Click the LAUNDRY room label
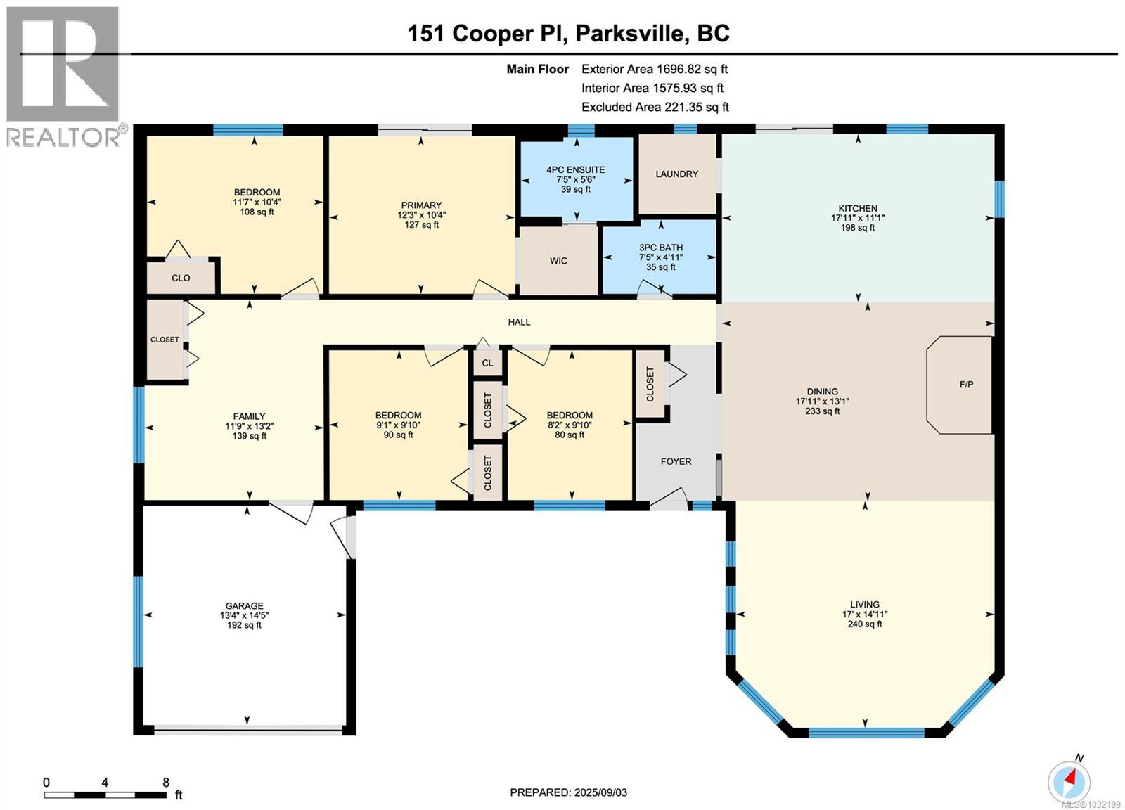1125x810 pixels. click(x=676, y=174)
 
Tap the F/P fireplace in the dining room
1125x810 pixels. click(x=966, y=385)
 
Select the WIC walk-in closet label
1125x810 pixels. click(x=558, y=261)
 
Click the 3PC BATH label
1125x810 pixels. click(x=660, y=247)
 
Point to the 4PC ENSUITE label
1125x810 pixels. click(x=575, y=169)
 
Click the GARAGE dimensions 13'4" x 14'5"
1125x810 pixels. click(x=244, y=615)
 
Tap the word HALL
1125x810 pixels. click(x=519, y=322)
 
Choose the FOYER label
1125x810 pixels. click(x=676, y=461)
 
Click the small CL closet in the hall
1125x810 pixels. click(x=487, y=364)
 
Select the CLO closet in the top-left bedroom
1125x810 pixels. click(x=181, y=278)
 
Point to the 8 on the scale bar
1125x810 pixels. click(x=166, y=782)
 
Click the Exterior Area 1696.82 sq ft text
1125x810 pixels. click(x=654, y=69)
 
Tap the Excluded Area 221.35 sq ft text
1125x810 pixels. click(x=655, y=107)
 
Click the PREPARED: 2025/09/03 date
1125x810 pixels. click(x=568, y=792)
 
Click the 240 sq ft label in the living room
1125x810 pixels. click(x=864, y=624)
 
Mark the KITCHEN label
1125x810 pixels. click(x=857, y=208)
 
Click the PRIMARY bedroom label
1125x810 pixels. click(x=421, y=205)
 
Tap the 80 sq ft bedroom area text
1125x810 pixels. click(x=570, y=435)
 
